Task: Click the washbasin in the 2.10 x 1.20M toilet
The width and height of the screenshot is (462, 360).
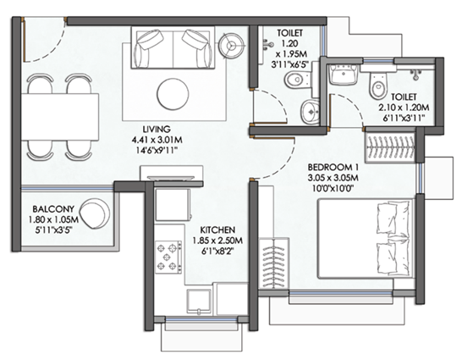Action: coord(343,76)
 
